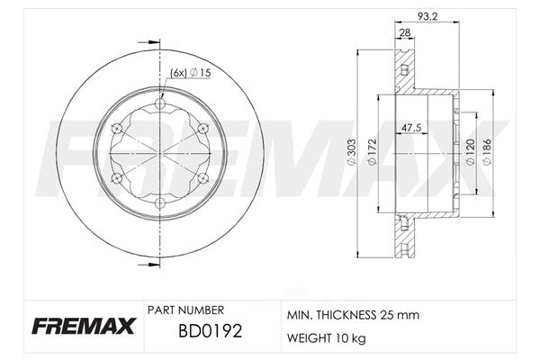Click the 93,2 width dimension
[x=427, y=16]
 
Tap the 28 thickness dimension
[x=405, y=32]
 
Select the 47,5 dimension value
[x=411, y=128]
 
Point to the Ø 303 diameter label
[x=352, y=151]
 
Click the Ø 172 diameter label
[x=373, y=151]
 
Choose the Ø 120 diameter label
[x=471, y=151]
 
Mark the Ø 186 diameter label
[x=487, y=151]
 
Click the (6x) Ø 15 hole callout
[x=191, y=73]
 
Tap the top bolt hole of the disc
[x=160, y=103]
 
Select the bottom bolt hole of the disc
[x=160, y=203]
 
